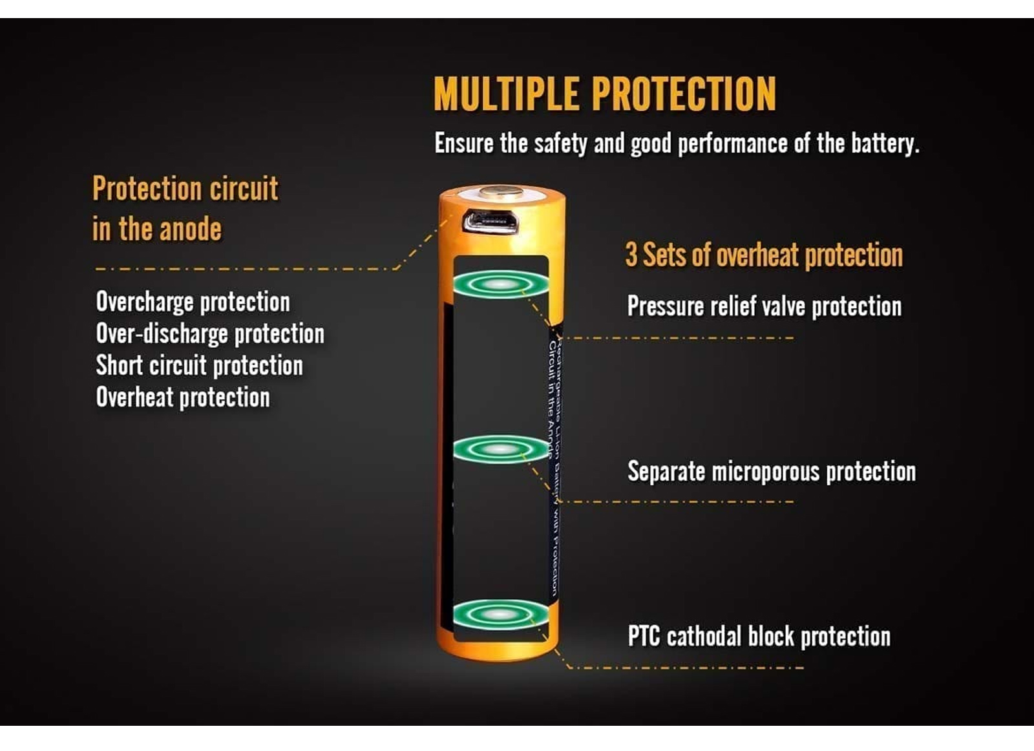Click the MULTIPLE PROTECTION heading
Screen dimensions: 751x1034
point(604,94)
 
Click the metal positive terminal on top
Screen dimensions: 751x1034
point(501,191)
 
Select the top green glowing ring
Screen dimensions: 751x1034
point(501,284)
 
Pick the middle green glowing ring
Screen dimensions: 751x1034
point(501,449)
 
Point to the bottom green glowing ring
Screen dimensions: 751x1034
point(501,614)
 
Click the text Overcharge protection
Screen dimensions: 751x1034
point(193,302)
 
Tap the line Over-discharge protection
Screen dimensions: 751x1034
point(210,334)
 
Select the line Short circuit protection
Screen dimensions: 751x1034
point(199,366)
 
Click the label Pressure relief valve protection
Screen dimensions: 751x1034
point(764,306)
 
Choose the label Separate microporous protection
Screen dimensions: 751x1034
point(771,472)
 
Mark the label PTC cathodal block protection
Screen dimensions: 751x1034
point(759,637)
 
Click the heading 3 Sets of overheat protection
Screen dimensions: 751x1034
point(763,255)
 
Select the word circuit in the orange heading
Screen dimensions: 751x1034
point(244,189)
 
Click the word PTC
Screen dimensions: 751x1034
point(644,637)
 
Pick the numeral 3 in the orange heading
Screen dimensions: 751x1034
point(631,255)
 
